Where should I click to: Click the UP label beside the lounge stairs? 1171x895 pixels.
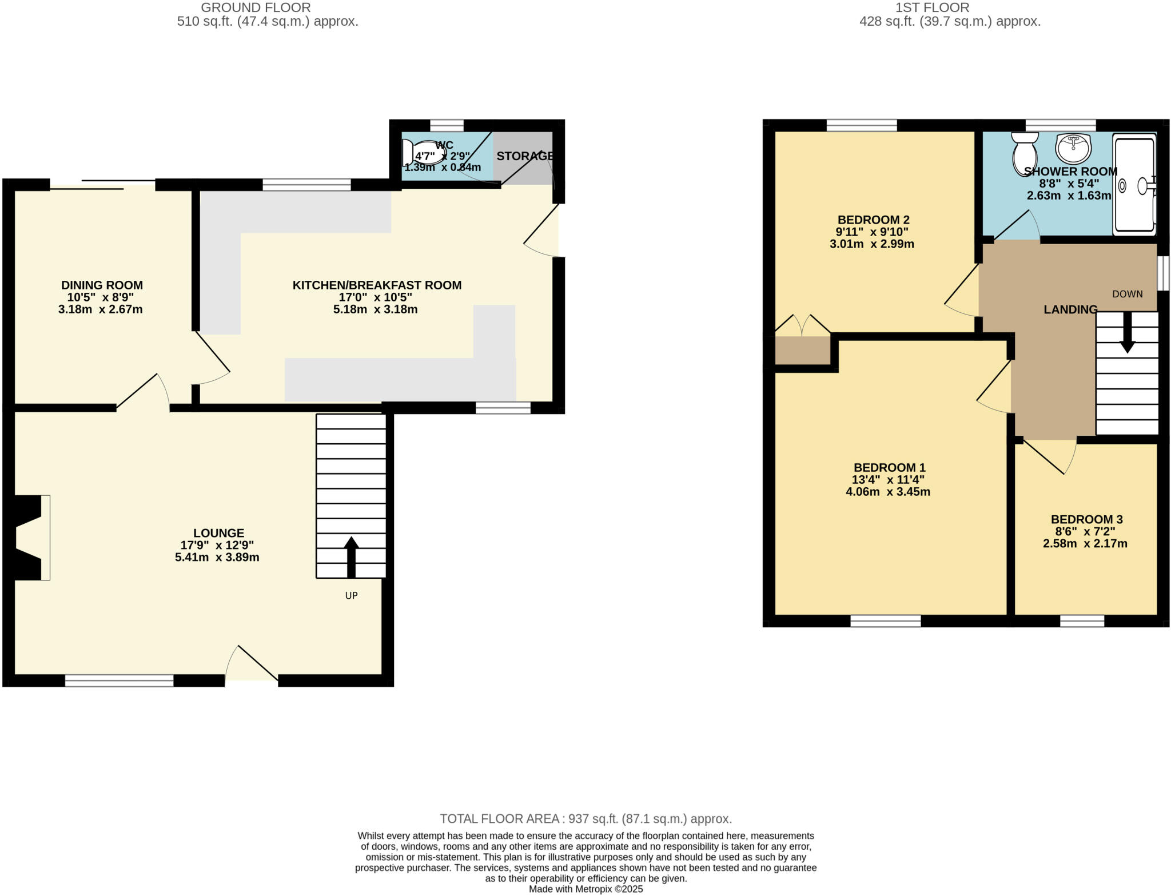click(x=351, y=595)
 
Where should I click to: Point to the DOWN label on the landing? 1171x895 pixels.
click(x=1127, y=294)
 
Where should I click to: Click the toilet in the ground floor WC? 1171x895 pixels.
click(x=423, y=152)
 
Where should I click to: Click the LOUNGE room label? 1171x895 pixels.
click(x=218, y=533)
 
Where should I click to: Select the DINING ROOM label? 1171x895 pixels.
click(x=102, y=285)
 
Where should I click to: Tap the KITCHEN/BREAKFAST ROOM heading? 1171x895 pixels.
click(x=377, y=285)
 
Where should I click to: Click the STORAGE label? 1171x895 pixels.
click(x=524, y=156)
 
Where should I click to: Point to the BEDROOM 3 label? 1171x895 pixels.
click(x=1086, y=519)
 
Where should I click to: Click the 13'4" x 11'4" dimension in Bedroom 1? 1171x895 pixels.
click(x=888, y=480)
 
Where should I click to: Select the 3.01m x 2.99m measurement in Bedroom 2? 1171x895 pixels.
click(x=871, y=244)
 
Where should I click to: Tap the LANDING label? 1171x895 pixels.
click(x=1070, y=309)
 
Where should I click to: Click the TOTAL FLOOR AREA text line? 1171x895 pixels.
click(x=585, y=818)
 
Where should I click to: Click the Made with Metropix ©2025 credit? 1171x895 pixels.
click(x=585, y=889)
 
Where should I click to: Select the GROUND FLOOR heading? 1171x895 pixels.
click(x=256, y=7)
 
